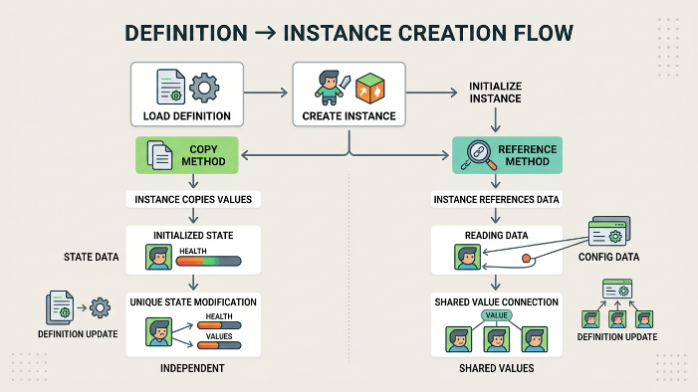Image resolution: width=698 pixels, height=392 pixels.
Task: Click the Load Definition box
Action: click(188, 95)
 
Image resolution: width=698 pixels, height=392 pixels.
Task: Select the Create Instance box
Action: click(349, 95)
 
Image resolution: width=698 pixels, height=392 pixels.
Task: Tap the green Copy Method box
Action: click(187, 155)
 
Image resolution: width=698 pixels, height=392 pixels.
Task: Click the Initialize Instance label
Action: click(496, 94)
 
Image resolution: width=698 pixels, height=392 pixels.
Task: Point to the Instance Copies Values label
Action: click(194, 199)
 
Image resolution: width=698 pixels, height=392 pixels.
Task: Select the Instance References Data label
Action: click(497, 199)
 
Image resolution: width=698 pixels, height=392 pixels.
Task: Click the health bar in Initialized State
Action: click(209, 261)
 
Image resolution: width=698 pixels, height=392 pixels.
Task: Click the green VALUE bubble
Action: click(496, 314)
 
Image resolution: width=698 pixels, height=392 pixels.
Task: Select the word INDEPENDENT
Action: click(193, 368)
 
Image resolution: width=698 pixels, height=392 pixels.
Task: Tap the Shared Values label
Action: click(496, 368)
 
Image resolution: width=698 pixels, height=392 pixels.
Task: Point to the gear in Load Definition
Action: click(204, 88)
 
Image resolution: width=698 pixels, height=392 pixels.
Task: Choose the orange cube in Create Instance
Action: click(370, 87)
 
